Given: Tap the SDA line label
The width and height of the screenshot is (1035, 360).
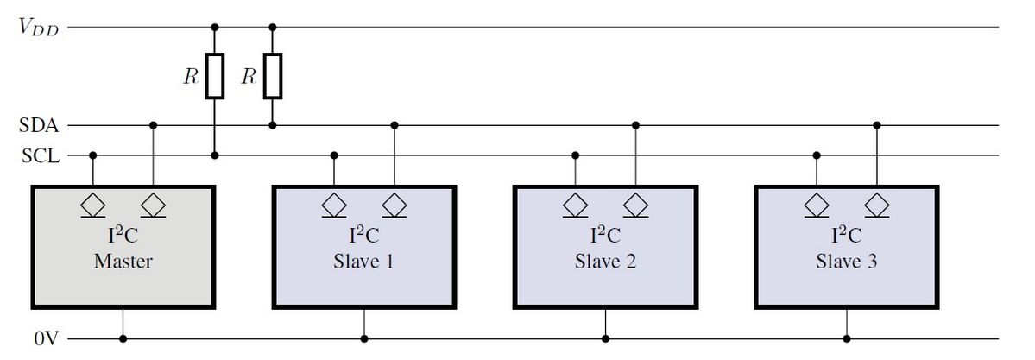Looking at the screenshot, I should pyautogui.click(x=38, y=126).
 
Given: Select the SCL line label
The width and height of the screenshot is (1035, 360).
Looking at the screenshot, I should pyautogui.click(x=38, y=156).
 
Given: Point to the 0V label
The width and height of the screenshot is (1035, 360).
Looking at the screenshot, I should pyautogui.click(x=46, y=339).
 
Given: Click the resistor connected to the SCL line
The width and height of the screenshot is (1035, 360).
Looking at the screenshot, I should pyautogui.click(x=215, y=76).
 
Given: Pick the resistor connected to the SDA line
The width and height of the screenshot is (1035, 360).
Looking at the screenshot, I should pyautogui.click(x=273, y=76).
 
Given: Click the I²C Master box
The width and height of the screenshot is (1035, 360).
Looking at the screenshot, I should pyautogui.click(x=123, y=246).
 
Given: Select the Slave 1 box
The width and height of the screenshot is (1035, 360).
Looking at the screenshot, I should pyautogui.click(x=363, y=246).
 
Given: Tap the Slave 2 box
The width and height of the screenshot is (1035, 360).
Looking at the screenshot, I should pyautogui.click(x=605, y=246).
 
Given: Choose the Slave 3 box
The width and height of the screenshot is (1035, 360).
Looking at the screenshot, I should pyautogui.click(x=846, y=246).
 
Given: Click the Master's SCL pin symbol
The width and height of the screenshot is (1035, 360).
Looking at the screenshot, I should pyautogui.click(x=93, y=206).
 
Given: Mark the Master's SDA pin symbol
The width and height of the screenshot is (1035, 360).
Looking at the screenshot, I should pyautogui.click(x=154, y=206).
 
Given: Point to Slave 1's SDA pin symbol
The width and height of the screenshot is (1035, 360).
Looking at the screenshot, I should pyautogui.click(x=394, y=206).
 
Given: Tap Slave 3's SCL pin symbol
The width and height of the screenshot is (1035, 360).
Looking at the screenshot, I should pyautogui.click(x=817, y=206).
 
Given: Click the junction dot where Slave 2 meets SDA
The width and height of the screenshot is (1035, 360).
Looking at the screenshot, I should pyautogui.click(x=636, y=125).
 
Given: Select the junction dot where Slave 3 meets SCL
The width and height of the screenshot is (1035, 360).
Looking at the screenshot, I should pyautogui.click(x=817, y=156).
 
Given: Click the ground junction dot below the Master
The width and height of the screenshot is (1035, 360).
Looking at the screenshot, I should pyautogui.click(x=123, y=339).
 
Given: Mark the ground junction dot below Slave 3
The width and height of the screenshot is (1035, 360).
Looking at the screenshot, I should pyautogui.click(x=847, y=339).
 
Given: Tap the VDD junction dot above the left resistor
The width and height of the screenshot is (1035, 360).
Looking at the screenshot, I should pyautogui.click(x=215, y=28).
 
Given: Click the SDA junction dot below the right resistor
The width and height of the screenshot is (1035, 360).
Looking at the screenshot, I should pyautogui.click(x=273, y=125).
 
